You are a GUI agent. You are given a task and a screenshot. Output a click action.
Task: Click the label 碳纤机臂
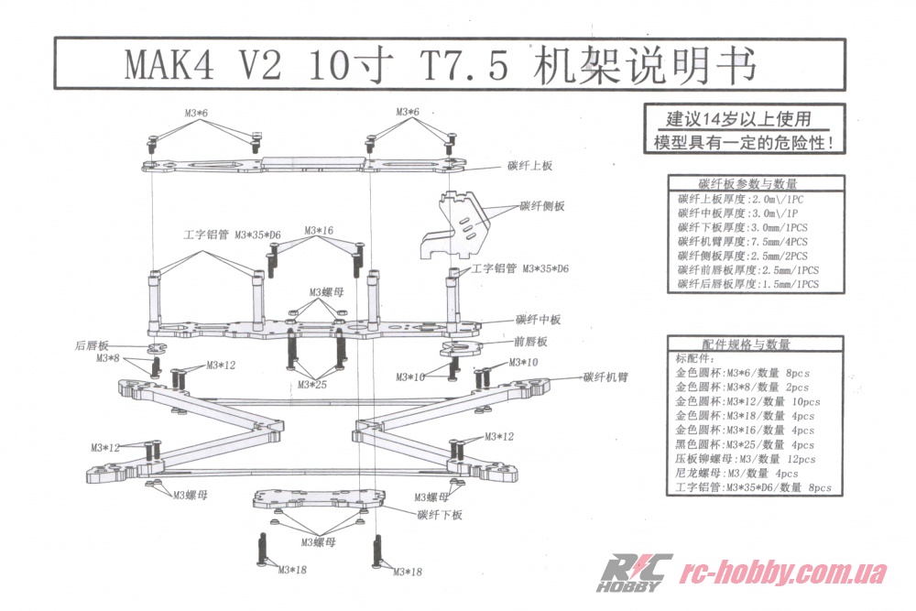pyautogui.click(x=605, y=377)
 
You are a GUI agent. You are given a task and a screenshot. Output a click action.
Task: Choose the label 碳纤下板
pyautogui.click(x=440, y=516)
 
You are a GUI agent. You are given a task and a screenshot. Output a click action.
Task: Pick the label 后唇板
pyautogui.click(x=92, y=346)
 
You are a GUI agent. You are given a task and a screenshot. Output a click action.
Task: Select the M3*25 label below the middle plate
pyautogui.click(x=312, y=384)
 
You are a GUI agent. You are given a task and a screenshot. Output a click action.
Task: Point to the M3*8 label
pyautogui.click(x=108, y=358)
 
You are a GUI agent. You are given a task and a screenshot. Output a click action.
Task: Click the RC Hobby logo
pyautogui.click(x=634, y=573)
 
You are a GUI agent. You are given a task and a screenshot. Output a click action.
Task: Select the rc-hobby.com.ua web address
pyautogui.click(x=786, y=573)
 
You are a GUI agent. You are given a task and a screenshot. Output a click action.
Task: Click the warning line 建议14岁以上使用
pyautogui.click(x=738, y=119)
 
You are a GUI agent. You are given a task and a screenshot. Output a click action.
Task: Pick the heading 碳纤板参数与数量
pyautogui.click(x=747, y=183)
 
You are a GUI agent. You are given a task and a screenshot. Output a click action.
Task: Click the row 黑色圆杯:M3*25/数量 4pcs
pyautogui.click(x=745, y=443)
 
